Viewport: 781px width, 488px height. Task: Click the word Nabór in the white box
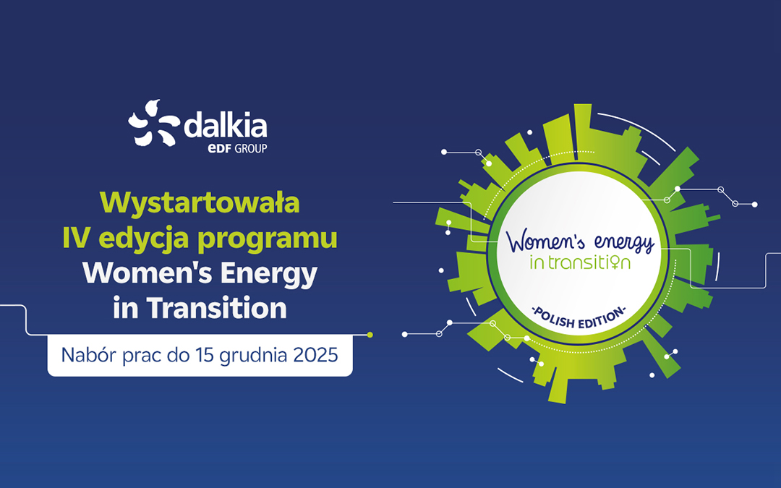coord(87,355)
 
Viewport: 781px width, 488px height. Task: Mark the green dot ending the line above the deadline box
coord(370,335)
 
